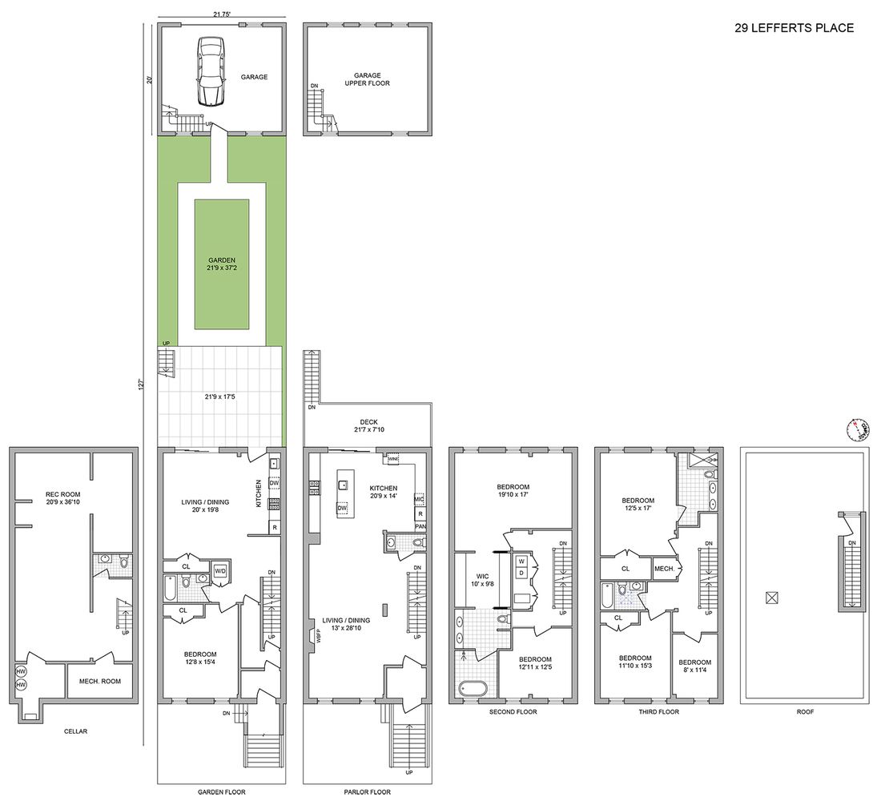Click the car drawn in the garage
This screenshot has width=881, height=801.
pyautogui.click(x=208, y=71)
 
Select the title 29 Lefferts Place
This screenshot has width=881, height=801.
pyautogui.click(x=794, y=28)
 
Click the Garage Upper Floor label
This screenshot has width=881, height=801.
pyautogui.click(x=368, y=79)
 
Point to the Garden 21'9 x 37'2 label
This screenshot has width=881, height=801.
pyautogui.click(x=221, y=265)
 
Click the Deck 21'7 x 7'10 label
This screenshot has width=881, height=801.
pyautogui.click(x=368, y=427)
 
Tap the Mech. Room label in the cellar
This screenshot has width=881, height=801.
pyautogui.click(x=99, y=682)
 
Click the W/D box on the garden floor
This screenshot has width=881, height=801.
pyautogui.click(x=219, y=571)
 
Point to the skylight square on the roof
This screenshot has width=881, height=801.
pyautogui.click(x=771, y=597)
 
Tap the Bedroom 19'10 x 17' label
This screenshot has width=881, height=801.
pyautogui.click(x=513, y=491)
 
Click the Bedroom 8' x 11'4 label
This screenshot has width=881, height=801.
pyautogui.click(x=695, y=666)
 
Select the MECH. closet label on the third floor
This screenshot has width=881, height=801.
pyautogui.click(x=665, y=568)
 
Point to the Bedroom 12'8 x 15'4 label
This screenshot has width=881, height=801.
pyautogui.click(x=199, y=658)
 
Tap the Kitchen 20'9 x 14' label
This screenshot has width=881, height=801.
pyautogui.click(x=388, y=493)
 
